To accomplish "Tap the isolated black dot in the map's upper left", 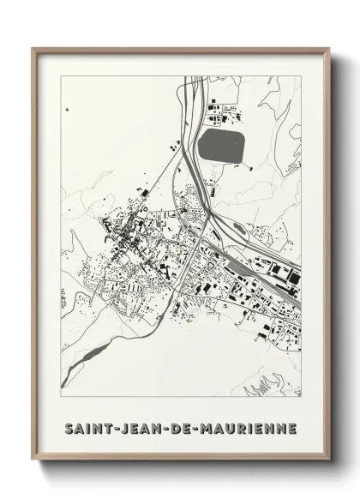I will pos(68,110).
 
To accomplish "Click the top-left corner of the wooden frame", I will pos(33,48).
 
